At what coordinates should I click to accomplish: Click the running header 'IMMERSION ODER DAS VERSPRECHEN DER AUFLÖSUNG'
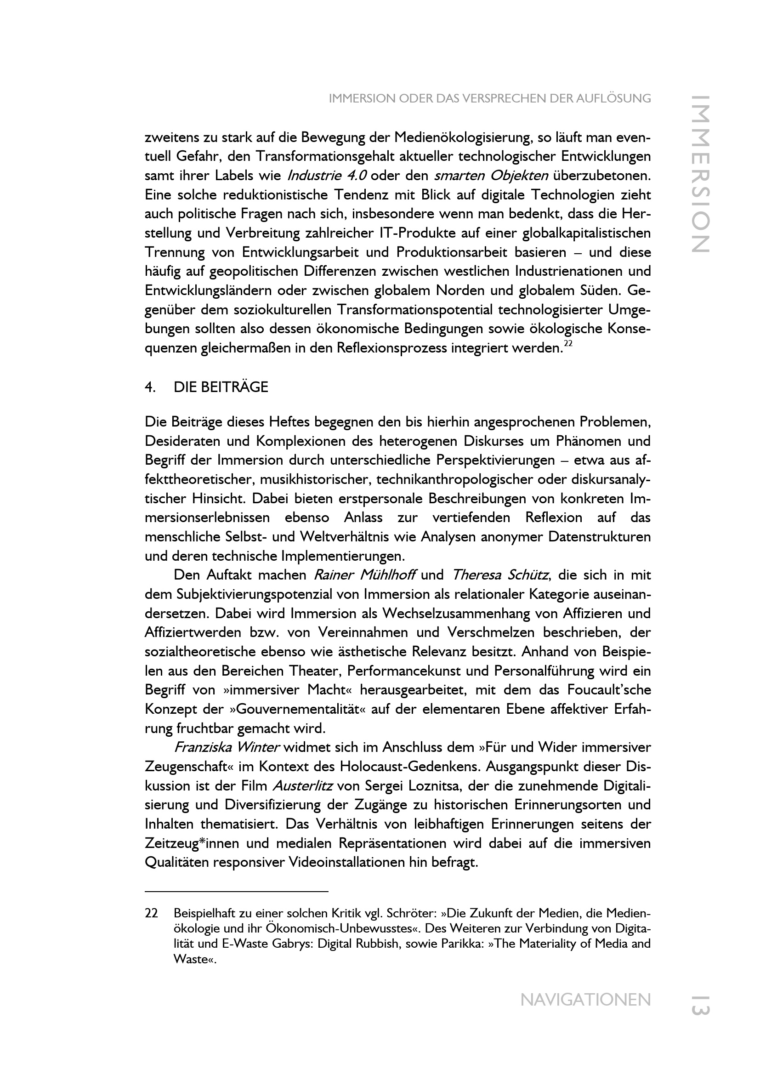489,98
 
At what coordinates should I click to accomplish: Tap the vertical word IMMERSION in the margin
701,174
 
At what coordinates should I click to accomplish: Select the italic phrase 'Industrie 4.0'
326,176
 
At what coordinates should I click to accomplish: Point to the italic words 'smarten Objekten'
491,176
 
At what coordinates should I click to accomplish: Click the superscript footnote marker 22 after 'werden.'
567,344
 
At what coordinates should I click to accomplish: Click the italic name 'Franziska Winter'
227,747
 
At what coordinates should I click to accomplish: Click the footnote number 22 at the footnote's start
151,914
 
